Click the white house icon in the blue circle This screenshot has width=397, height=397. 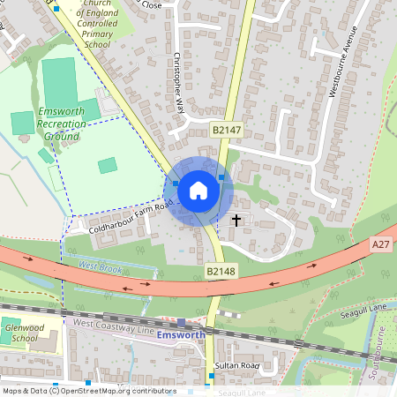pos(198,190)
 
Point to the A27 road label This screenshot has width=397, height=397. pos(380,244)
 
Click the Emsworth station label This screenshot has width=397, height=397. pos(180,336)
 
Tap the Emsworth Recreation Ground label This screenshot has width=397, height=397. pos(62,124)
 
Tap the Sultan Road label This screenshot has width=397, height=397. pos(234,363)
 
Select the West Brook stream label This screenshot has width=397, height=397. pos(98,265)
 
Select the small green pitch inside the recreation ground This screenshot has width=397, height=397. pos(107,165)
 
